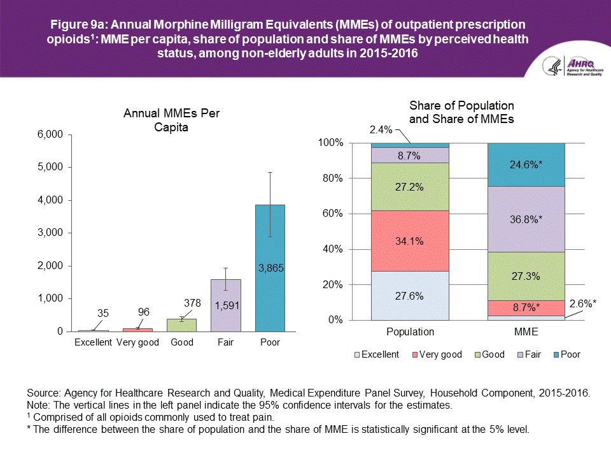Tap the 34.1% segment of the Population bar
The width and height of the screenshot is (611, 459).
click(410, 241)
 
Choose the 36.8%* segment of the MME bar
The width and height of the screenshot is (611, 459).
click(526, 219)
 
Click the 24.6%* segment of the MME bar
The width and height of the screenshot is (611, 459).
click(526, 164)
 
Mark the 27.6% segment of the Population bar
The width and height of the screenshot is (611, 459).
click(410, 296)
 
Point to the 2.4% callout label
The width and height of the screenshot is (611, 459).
click(381, 130)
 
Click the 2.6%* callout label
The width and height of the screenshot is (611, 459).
click(582, 303)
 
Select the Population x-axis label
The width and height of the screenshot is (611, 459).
click(410, 331)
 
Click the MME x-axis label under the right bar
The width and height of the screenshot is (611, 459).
click(526, 331)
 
